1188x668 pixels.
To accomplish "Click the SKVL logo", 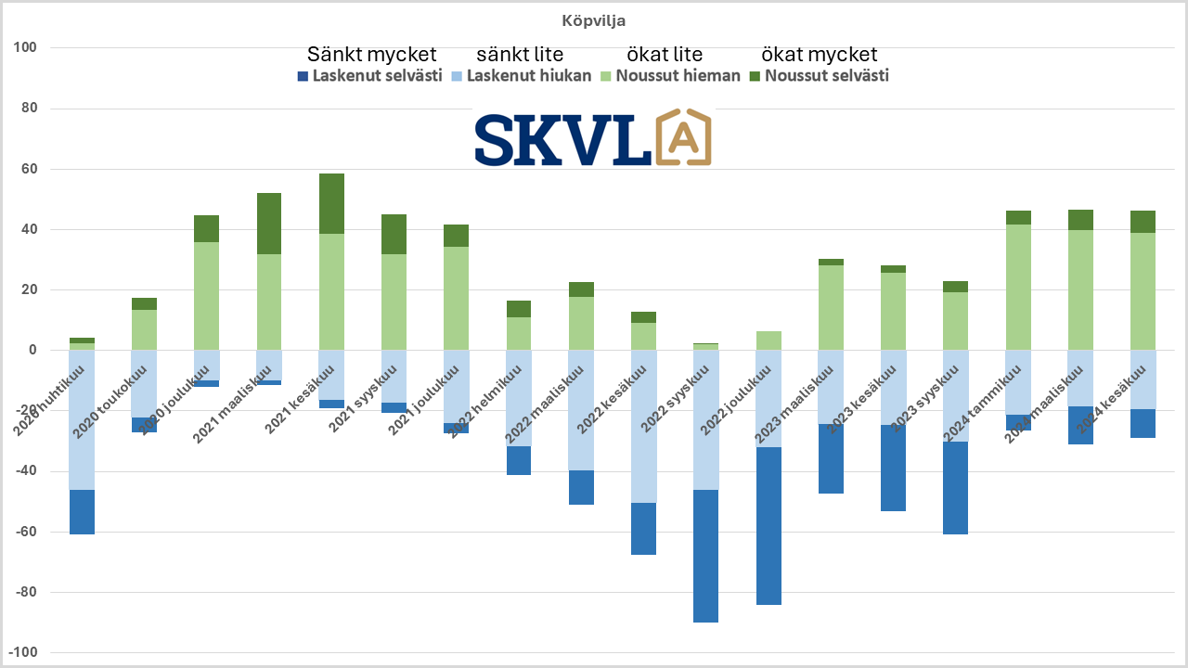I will tap(592, 138).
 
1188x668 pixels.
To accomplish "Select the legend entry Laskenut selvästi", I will tap(369, 76).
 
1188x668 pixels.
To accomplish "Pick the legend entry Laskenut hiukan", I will tap(522, 76).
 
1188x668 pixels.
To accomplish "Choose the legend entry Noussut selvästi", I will tap(819, 76).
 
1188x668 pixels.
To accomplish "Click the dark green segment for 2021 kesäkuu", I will tap(331, 203).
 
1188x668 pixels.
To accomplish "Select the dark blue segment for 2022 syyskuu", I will tap(705, 556).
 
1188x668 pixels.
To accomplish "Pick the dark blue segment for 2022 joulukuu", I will tap(768, 526).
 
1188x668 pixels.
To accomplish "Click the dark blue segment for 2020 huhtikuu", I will tap(82, 512).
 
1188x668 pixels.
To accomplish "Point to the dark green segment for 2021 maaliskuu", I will tap(269, 224).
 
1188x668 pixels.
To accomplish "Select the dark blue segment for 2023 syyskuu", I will tap(955, 488).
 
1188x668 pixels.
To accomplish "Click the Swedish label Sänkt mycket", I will tap(371, 55).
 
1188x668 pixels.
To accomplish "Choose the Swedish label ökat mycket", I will tap(819, 55).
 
